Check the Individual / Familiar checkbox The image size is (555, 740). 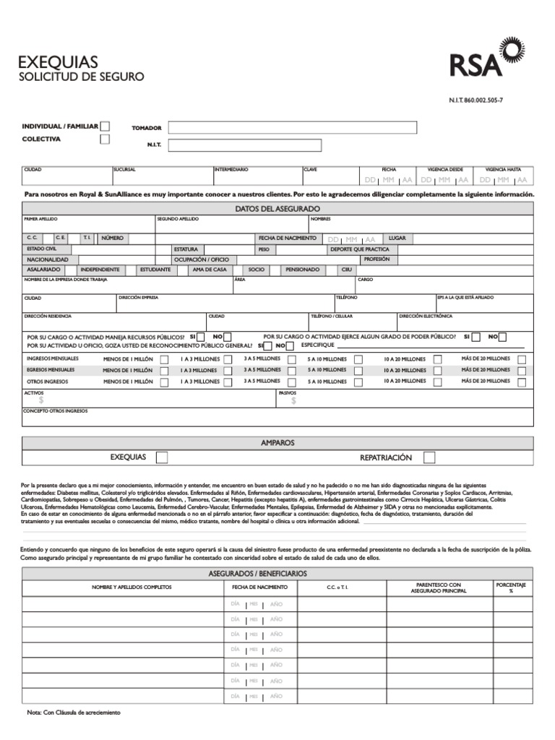[x=105, y=126]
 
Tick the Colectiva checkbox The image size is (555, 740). [x=105, y=139]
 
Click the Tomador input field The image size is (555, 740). [x=292, y=128]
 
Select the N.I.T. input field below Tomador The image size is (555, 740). [x=292, y=145]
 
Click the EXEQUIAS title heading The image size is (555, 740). [x=57, y=62]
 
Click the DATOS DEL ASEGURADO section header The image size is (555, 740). [x=277, y=209]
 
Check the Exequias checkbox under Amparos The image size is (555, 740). [x=162, y=457]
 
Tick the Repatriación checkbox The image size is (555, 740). [x=429, y=457]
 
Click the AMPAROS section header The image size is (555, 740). [x=277, y=442]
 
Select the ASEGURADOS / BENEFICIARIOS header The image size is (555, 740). [x=277, y=573]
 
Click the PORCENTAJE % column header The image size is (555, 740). [x=510, y=587]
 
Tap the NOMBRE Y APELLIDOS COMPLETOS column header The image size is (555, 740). [x=132, y=587]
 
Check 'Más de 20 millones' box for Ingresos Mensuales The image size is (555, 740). [x=522, y=359]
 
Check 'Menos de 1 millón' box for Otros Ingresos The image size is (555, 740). [x=165, y=382]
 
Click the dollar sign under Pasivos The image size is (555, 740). [x=293, y=400]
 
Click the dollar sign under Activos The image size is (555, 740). [x=41, y=400]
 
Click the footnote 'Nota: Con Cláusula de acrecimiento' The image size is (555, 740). [x=74, y=712]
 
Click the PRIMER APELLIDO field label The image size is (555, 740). [x=40, y=218]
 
